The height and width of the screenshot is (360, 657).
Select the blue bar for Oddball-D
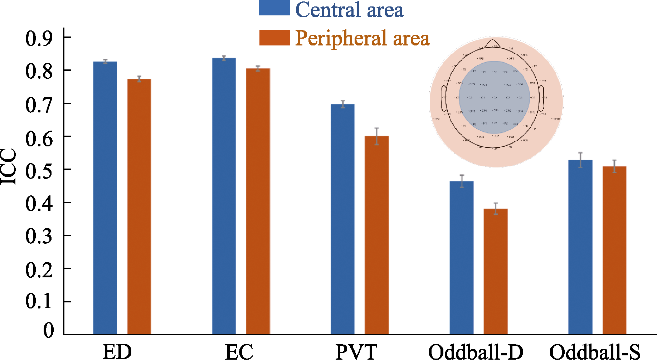(461, 258)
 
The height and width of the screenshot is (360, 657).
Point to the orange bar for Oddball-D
(496, 272)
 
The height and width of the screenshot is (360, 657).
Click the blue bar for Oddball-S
(580, 247)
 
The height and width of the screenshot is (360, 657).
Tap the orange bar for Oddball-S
(614, 250)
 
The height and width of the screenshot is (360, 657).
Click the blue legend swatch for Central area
(274, 8)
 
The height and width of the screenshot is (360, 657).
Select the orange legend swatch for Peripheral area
(274, 38)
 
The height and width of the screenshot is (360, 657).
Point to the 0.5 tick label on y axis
(39, 170)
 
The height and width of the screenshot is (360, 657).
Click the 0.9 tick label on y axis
(39, 38)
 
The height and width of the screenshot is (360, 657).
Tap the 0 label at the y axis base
(48, 330)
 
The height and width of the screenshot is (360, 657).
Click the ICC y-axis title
(9, 167)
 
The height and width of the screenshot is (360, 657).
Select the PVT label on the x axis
(356, 351)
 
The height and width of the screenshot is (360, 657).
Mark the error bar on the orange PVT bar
(376, 136)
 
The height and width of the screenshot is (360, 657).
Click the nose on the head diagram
(493, 43)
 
